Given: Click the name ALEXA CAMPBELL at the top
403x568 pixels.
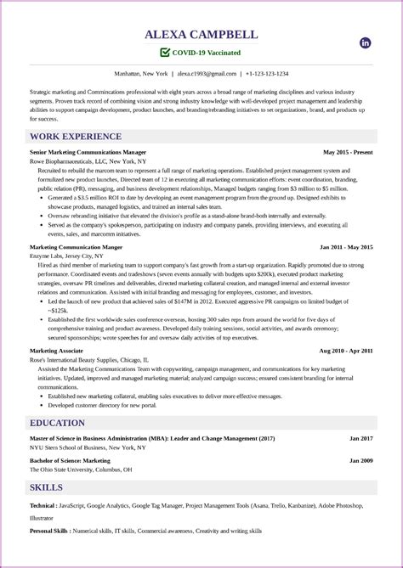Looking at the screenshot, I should pyautogui.click(x=201, y=36).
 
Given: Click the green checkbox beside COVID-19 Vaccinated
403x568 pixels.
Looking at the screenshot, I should pyautogui.click(x=165, y=53).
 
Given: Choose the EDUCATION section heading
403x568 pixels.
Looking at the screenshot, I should pyautogui.click(x=57, y=423).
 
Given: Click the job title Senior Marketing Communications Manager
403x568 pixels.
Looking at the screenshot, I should pyautogui.click(x=88, y=152).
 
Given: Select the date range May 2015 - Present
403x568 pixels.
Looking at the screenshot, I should pyautogui.click(x=349, y=152).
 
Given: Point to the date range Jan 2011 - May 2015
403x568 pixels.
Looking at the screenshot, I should pyautogui.click(x=346, y=247).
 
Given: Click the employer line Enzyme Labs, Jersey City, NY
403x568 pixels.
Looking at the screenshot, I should pyautogui.click(x=67, y=256).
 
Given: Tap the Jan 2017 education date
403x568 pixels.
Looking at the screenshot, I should pyautogui.click(x=360, y=438).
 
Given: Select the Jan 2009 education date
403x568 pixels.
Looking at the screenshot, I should pyautogui.click(x=360, y=461).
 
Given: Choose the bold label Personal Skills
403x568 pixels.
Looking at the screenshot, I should pyautogui.click(x=49, y=531).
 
